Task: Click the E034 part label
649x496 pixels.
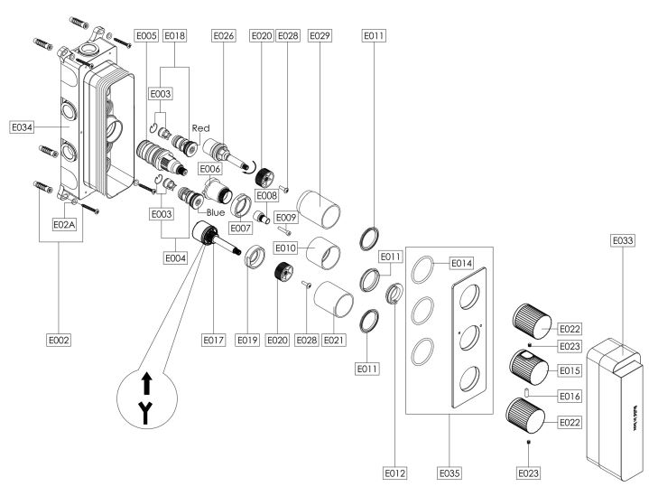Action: tap(22, 127)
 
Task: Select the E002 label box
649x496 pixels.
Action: tap(59, 341)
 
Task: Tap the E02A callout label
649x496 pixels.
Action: tap(64, 225)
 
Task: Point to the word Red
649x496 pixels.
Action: tap(200, 128)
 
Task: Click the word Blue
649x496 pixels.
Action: tap(216, 212)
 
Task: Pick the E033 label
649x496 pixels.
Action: tap(623, 240)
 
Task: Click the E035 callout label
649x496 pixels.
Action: tap(450, 473)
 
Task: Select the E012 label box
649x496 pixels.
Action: tap(394, 473)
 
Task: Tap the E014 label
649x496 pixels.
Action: tap(461, 263)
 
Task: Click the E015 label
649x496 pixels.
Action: tap(570, 370)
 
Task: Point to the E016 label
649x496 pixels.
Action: tap(570, 396)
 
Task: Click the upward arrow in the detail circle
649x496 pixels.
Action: tap(146, 383)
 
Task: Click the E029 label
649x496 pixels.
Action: tap(320, 35)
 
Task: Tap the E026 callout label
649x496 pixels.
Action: tap(224, 35)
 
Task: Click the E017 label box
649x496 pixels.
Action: tap(214, 341)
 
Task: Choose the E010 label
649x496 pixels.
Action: tap(285, 248)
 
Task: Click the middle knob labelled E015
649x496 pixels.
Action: tap(529, 366)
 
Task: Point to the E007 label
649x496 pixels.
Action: tap(240, 228)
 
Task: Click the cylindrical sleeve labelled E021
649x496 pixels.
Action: tap(334, 299)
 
